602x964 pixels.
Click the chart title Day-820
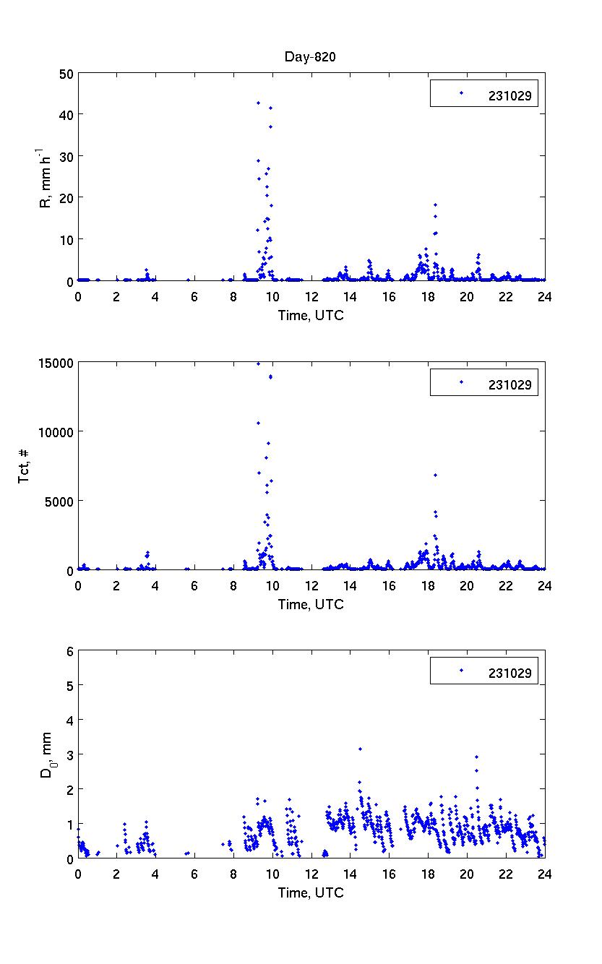[311, 58]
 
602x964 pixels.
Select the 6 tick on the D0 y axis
[70, 651]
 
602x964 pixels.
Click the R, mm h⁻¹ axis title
[46, 177]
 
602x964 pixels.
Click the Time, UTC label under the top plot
[311, 315]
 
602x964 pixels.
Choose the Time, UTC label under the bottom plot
[311, 893]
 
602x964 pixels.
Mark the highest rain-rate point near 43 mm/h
[258, 103]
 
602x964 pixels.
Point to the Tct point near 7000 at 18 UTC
[435, 475]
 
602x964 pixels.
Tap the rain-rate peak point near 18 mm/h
[435, 205]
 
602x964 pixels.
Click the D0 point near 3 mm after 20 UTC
[476, 757]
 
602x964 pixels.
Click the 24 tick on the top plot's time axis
[545, 296]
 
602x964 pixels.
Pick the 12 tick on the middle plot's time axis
[311, 585]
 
